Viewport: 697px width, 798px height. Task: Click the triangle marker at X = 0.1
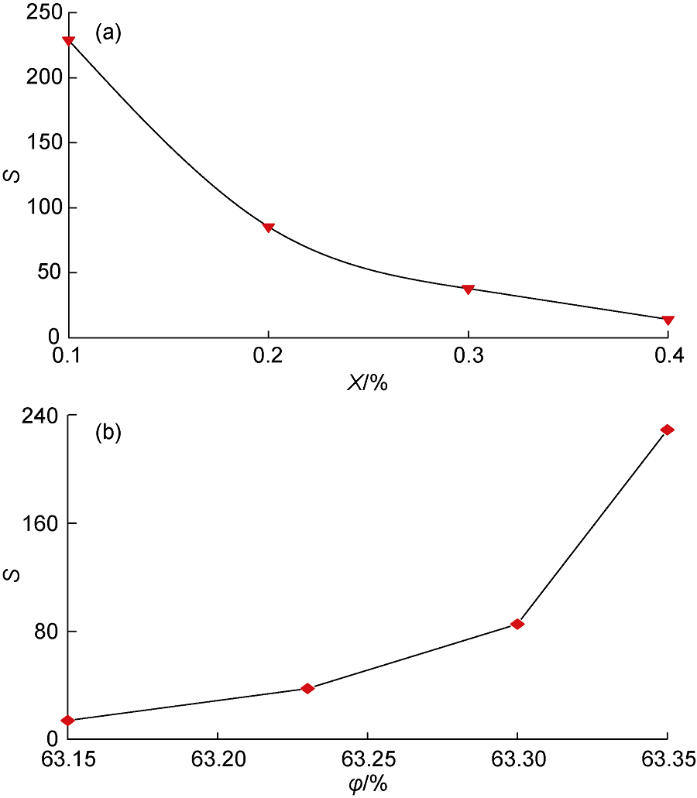[x=69, y=41]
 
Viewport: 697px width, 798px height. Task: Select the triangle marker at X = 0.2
[x=268, y=228]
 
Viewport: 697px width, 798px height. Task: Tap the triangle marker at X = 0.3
[x=468, y=289]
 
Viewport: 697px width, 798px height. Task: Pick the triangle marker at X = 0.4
[x=668, y=320]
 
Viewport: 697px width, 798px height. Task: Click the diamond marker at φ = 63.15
[x=68, y=721]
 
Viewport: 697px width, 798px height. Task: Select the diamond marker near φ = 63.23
[x=307, y=688]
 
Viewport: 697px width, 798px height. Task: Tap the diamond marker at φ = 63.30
[x=517, y=624]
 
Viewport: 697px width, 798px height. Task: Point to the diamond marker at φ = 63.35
[x=668, y=430]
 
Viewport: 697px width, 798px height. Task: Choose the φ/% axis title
[x=367, y=783]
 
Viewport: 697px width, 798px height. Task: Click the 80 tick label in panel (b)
[x=43, y=632]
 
